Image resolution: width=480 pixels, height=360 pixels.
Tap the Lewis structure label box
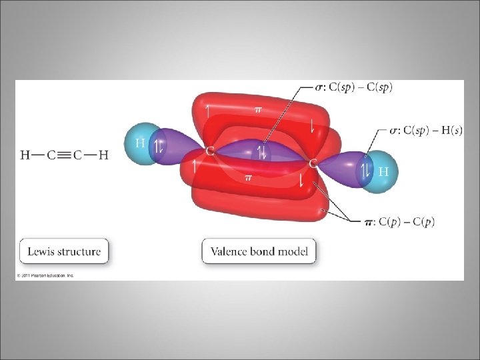64,252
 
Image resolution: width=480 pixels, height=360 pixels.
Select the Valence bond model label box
259,252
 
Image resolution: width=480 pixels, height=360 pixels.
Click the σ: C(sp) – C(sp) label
354,87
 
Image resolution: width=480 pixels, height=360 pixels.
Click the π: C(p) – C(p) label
398,221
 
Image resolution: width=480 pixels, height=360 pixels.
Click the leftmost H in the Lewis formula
24,155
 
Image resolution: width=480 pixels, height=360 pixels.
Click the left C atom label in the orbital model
209,151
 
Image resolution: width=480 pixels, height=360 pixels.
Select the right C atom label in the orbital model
313,163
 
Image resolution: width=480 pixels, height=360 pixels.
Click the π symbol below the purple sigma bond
248,178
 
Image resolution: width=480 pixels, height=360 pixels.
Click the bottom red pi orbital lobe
253,200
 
